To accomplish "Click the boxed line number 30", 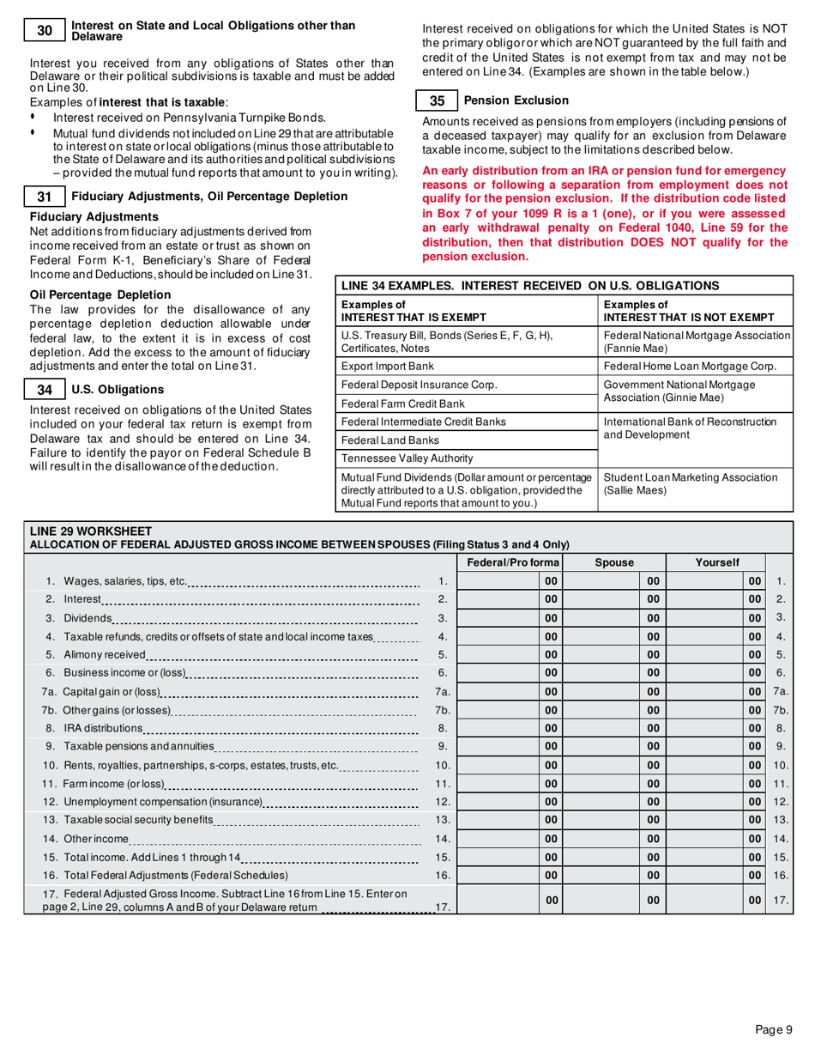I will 46,31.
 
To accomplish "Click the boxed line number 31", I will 46,197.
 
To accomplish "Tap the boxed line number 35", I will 437,100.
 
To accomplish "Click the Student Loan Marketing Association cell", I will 691,482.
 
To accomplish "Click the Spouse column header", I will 613,561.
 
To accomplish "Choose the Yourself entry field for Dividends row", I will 703,617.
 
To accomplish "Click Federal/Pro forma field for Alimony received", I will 498,654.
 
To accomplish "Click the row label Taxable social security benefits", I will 129,819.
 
